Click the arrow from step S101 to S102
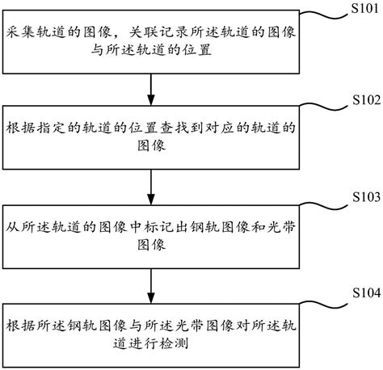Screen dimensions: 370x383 point(152,88)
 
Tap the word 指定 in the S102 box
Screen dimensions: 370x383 point(54,128)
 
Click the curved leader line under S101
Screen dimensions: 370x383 point(323,17)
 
